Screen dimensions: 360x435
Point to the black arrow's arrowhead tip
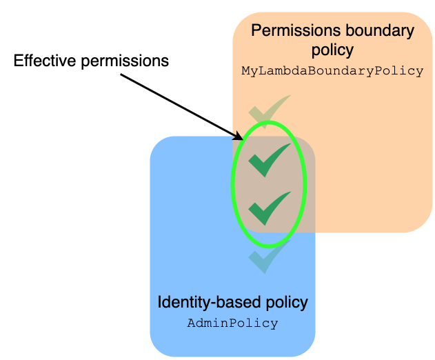click(x=242, y=137)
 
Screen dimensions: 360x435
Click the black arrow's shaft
click(x=179, y=103)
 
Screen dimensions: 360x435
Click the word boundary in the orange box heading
click(x=375, y=31)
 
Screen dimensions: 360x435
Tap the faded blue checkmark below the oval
click(x=269, y=257)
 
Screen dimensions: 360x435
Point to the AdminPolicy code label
click(x=232, y=323)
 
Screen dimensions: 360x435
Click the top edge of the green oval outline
click(x=267, y=123)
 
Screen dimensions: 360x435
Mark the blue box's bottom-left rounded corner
click(x=156, y=350)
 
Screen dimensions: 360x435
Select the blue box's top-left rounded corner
click(x=157, y=143)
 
